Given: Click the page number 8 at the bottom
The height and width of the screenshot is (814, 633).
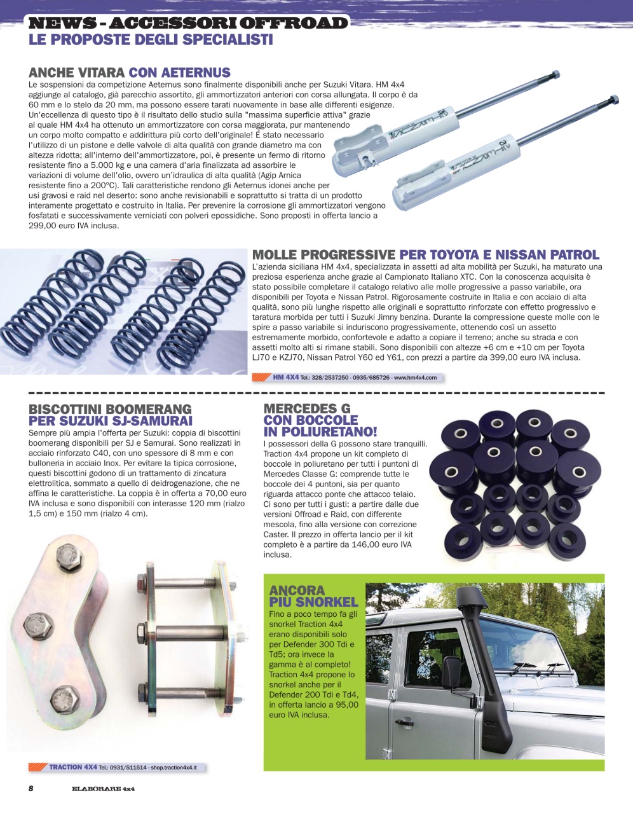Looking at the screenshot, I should point(31,789).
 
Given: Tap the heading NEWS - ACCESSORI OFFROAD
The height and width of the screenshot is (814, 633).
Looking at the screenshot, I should point(188,24).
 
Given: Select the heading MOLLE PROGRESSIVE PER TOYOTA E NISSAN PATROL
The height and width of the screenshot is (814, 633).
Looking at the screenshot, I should point(425,255).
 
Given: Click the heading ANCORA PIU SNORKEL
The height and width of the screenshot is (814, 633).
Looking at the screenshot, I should point(313,596).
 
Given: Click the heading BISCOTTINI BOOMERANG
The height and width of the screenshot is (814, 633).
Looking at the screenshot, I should point(110,409).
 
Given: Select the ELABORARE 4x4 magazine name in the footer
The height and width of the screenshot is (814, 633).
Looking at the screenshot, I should point(103,789).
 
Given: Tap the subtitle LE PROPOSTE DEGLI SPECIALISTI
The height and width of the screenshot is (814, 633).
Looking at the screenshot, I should point(151,40).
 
